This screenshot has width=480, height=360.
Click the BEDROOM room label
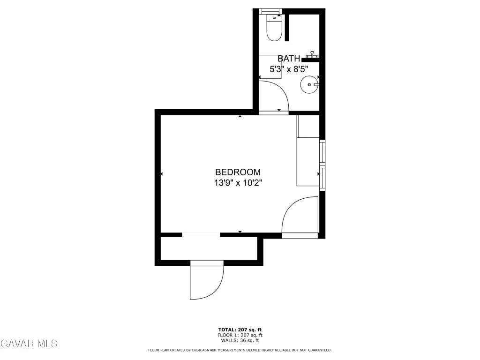pos(238,172)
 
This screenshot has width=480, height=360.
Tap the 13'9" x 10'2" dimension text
pos(238,183)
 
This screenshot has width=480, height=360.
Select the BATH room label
pos(289,58)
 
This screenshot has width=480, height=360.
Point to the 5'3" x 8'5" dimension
pos(289,69)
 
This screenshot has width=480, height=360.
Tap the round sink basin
pos(309,84)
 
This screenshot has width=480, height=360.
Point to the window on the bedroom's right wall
pos(322,165)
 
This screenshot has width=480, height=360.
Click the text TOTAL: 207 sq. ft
pos(240,330)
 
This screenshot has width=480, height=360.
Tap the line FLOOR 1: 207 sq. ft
pos(240,335)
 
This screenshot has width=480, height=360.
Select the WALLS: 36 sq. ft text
pos(240,340)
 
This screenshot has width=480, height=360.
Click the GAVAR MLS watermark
pos(29,344)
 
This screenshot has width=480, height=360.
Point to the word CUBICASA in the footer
pos(201,350)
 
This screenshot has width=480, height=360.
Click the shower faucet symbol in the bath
pos(312,55)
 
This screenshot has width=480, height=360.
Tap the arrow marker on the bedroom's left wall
pos(161,174)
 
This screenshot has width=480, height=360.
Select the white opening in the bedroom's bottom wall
pos(201,235)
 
